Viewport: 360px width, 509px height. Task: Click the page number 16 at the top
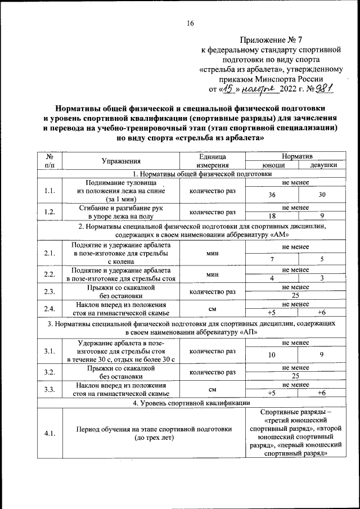point(190,23)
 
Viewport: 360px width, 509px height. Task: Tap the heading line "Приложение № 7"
point(271,40)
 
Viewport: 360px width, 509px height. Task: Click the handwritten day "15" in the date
point(226,88)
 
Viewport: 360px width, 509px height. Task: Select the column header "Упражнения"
point(121,160)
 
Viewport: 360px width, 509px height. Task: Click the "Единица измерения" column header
point(212,160)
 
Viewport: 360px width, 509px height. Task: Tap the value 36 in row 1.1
point(272,195)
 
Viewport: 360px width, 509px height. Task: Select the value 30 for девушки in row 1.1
point(322,195)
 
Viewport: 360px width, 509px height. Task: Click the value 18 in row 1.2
point(272,216)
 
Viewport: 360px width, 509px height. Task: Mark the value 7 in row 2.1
point(272,259)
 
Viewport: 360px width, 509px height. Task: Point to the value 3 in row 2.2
point(322,278)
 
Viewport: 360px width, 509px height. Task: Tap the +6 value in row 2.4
point(322,312)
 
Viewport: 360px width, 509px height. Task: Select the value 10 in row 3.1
point(272,354)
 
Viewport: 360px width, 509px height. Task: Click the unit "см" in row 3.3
point(212,389)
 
